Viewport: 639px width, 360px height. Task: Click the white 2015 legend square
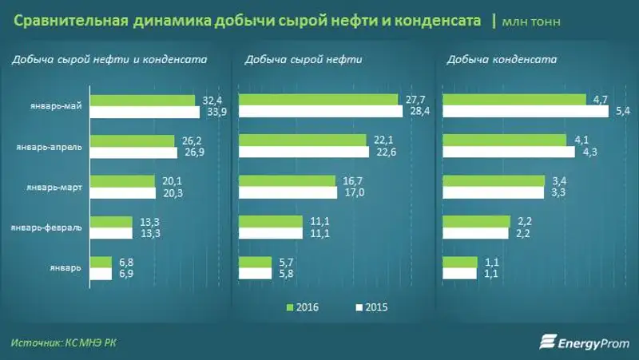pyautogui.click(x=359, y=307)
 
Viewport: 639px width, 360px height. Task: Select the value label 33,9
pyautogui.click(x=212, y=112)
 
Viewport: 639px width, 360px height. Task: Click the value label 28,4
pyautogui.click(x=419, y=112)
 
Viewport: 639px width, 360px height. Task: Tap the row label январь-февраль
pyautogui.click(x=46, y=227)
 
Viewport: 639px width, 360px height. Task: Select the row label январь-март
pyautogui.click(x=56, y=187)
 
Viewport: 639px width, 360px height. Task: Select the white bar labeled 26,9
pyautogui.click(x=133, y=152)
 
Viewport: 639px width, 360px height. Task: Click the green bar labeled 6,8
pyautogui.click(x=101, y=262)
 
